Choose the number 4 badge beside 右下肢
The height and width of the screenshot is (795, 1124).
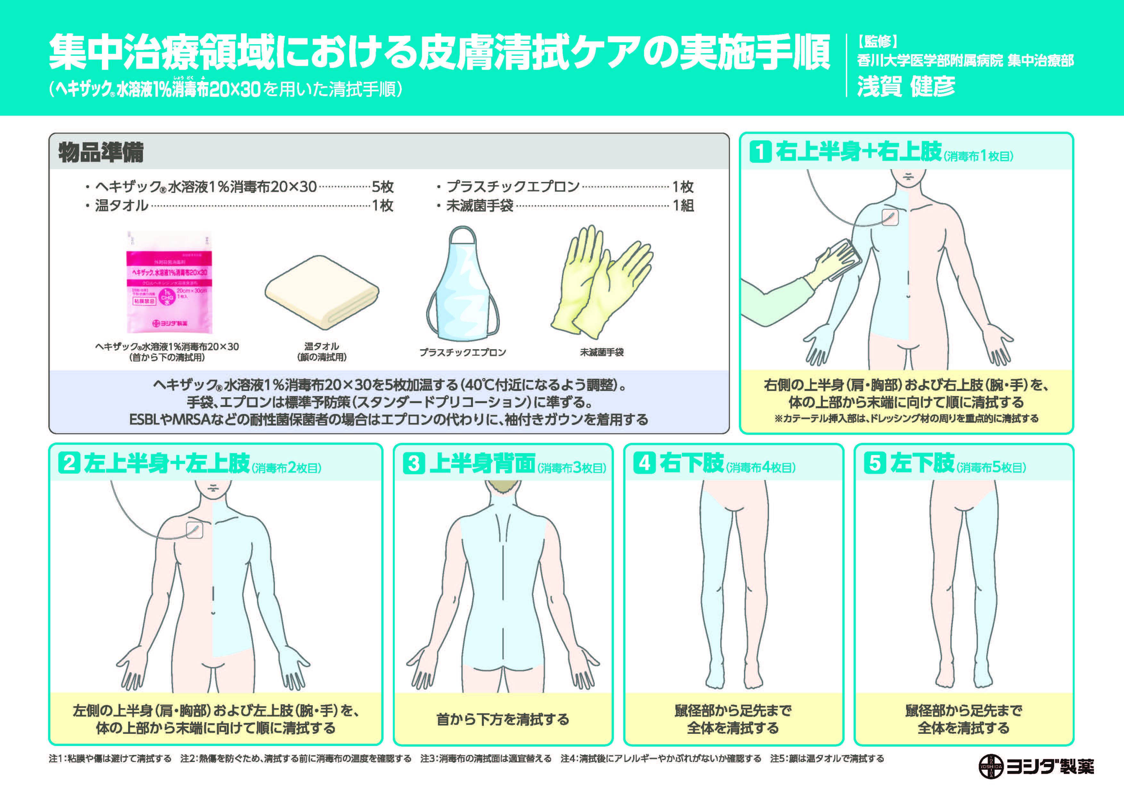coord(644,463)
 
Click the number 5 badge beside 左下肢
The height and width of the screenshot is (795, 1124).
coord(875,463)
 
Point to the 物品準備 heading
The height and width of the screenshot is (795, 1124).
coord(101,152)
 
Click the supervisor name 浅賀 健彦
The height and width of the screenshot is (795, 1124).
coord(906,87)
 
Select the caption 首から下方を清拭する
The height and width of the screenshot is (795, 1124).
coord(503,719)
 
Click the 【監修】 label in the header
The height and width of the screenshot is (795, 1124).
coord(877,42)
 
